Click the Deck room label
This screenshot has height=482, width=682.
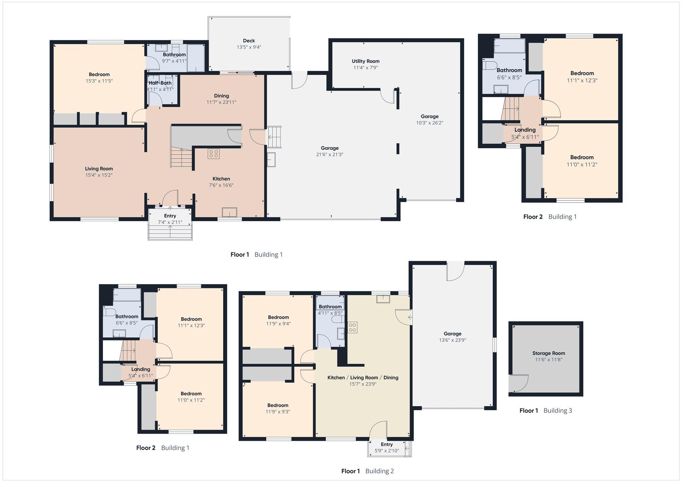click(x=249, y=41)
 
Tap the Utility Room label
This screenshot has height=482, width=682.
click(x=366, y=61)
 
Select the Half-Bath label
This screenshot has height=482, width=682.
click(x=160, y=83)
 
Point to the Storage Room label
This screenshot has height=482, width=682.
click(x=549, y=353)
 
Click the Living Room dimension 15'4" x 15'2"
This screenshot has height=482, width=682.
click(x=99, y=175)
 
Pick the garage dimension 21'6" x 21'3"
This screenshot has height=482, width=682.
click(x=330, y=154)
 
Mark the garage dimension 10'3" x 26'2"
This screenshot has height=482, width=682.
click(x=430, y=123)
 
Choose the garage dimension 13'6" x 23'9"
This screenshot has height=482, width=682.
click(x=453, y=340)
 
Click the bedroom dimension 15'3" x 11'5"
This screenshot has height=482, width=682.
click(x=99, y=81)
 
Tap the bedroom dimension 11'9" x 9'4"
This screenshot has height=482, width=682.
click(x=278, y=323)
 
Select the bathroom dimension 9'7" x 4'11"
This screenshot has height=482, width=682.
click(x=174, y=61)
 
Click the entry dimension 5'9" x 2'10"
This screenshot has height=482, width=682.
click(x=387, y=451)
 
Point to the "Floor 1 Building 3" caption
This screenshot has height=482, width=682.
click(x=546, y=410)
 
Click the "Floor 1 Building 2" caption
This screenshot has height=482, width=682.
click(x=368, y=471)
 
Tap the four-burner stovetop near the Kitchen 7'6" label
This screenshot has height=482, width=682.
click(x=214, y=154)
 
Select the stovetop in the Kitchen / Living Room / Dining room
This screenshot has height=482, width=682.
click(x=353, y=328)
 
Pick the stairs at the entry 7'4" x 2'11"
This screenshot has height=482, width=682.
click(x=170, y=232)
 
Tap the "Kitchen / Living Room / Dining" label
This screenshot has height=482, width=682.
click(x=363, y=377)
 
